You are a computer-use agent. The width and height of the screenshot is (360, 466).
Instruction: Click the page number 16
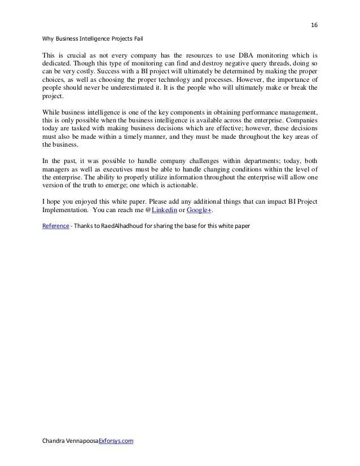pos(314,25)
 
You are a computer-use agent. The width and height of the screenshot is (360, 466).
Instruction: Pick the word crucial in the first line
pos(77,56)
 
